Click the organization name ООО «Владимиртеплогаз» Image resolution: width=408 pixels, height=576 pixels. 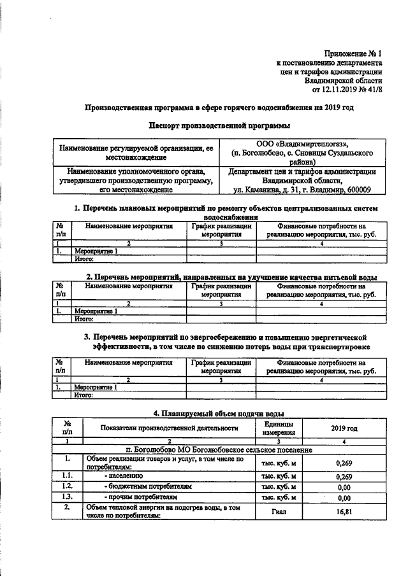[302, 144]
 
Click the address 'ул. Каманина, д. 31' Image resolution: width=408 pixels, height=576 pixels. [268, 189]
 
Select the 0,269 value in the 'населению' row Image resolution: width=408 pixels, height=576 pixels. [344, 475]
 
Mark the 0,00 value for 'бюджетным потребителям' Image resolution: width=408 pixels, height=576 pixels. [344, 486]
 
